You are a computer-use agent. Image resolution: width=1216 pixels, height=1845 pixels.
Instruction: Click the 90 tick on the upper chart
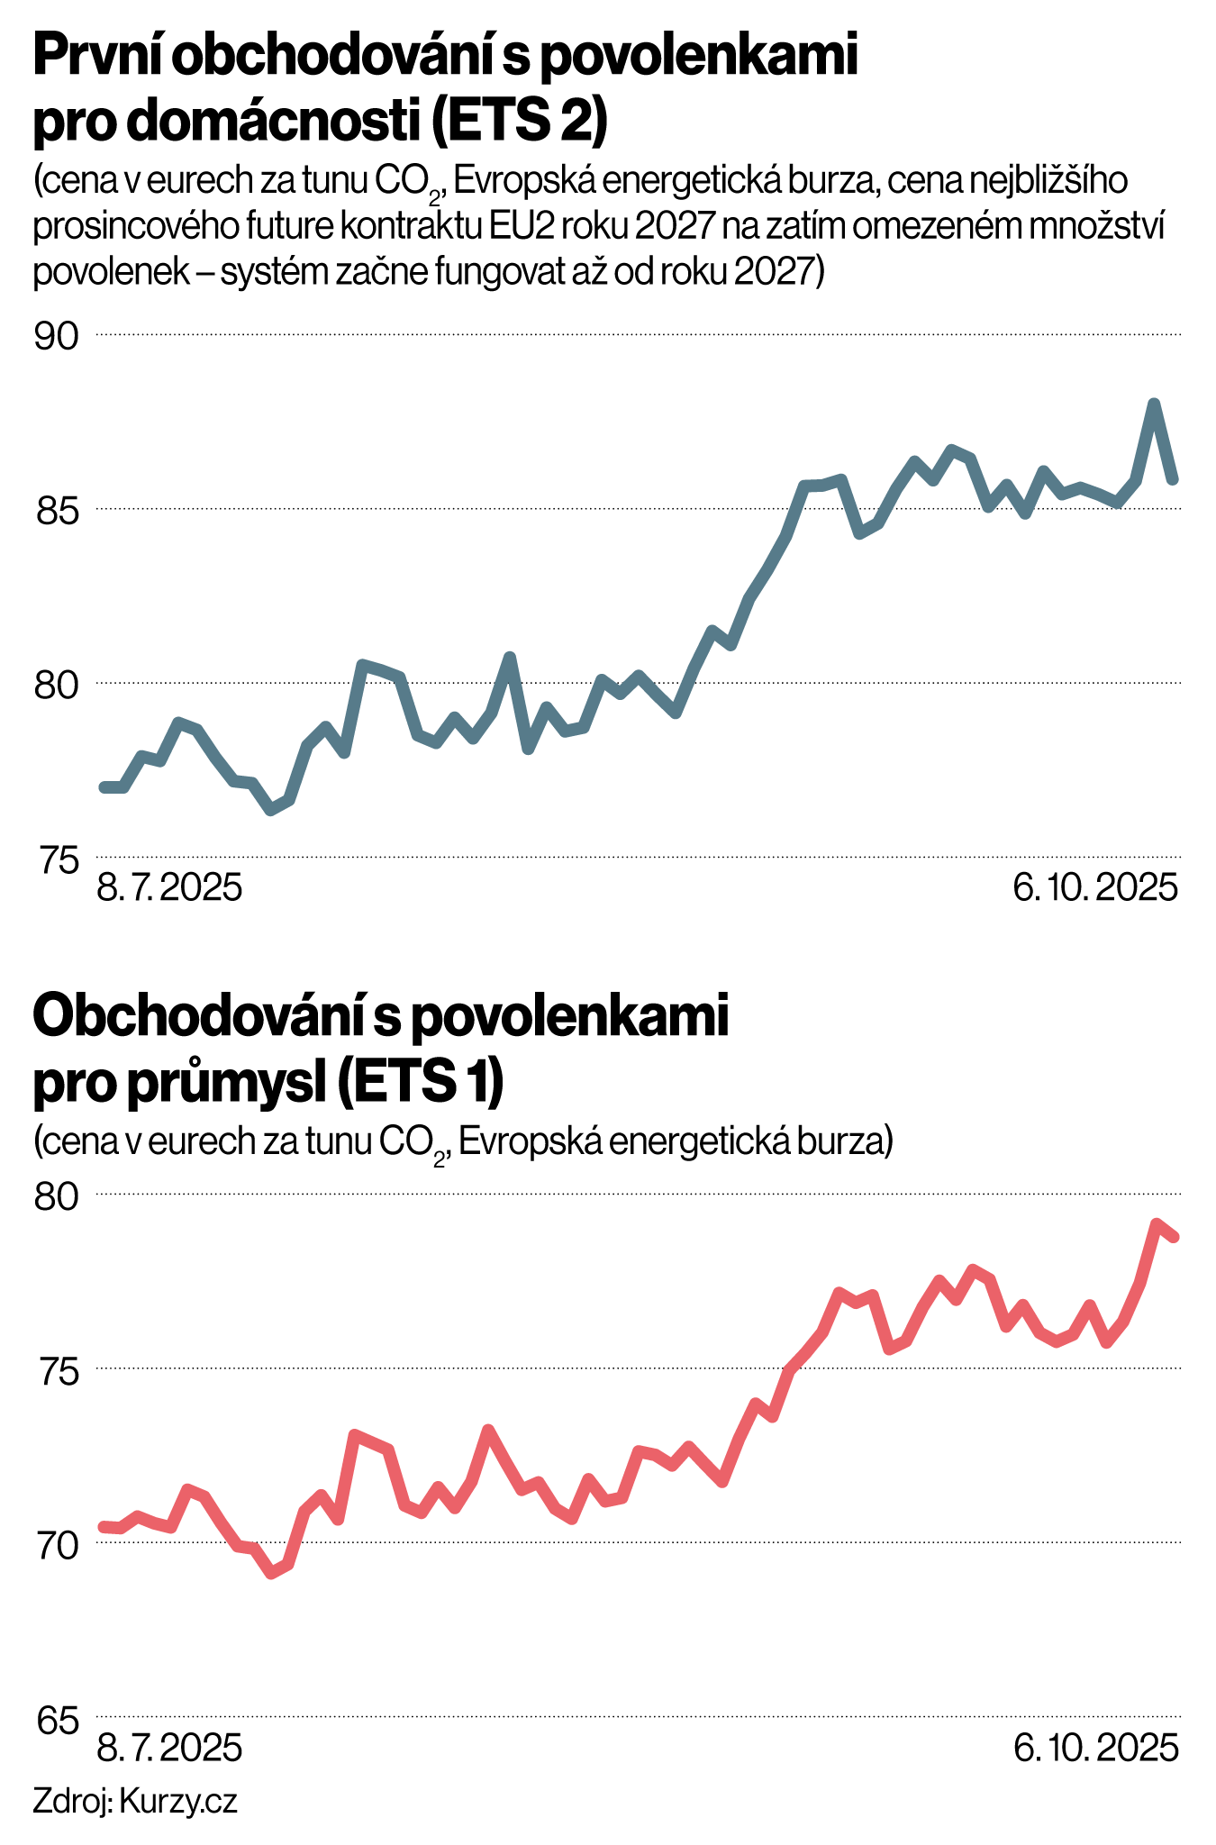[x=56, y=337]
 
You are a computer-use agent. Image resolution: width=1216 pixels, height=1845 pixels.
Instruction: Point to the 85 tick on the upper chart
[x=56, y=512]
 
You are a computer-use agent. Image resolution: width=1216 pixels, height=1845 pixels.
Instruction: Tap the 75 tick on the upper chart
[x=56, y=859]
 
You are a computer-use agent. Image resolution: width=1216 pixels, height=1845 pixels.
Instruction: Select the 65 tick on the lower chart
[x=56, y=1720]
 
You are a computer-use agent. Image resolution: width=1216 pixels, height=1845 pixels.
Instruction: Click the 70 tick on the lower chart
[x=56, y=1546]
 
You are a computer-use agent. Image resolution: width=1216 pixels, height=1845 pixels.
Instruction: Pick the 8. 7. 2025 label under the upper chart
[x=169, y=889]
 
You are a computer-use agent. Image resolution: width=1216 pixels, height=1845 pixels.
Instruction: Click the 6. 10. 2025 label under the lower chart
[x=1095, y=1749]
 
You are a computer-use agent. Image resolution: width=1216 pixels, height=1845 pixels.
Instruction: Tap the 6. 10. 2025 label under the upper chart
[x=1095, y=889]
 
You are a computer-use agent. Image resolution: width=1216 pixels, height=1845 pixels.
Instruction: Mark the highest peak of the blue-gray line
[x=1154, y=404]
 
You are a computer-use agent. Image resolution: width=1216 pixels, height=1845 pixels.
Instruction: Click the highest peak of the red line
[x=1157, y=1223]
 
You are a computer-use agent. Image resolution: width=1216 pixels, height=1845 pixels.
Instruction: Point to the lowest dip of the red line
[x=271, y=1574]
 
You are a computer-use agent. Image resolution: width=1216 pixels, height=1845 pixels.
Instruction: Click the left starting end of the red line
[x=103, y=1526]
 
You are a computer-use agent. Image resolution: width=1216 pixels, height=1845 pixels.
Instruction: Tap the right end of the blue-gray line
[x=1173, y=479]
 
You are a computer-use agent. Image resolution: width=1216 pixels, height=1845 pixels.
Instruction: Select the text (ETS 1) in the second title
[x=419, y=1084]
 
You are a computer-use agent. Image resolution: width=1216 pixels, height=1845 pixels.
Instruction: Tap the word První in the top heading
[x=94, y=57]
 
